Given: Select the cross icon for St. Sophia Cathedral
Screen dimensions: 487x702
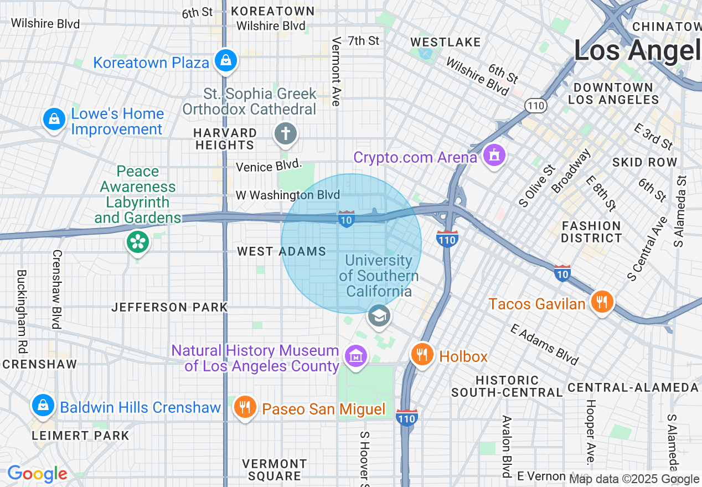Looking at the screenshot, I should click(286, 133).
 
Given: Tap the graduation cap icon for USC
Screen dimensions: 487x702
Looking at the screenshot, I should click(379, 317).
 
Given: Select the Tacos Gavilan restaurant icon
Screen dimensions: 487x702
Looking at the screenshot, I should click(601, 302).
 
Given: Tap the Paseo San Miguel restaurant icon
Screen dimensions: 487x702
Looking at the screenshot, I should click(244, 407).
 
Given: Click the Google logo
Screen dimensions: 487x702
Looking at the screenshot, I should click(37, 474).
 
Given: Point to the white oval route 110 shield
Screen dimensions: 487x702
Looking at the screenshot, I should click(536, 105).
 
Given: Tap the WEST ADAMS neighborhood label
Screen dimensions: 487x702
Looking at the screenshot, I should click(281, 251).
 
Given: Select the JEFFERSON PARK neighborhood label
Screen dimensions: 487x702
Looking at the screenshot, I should click(169, 307).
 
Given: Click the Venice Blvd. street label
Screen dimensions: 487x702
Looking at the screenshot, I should click(270, 166).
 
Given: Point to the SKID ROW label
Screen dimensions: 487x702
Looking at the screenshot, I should click(644, 162).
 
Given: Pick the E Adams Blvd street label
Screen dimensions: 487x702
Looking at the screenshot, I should click(544, 345).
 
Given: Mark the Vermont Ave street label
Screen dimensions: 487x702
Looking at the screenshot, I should click(335, 71).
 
